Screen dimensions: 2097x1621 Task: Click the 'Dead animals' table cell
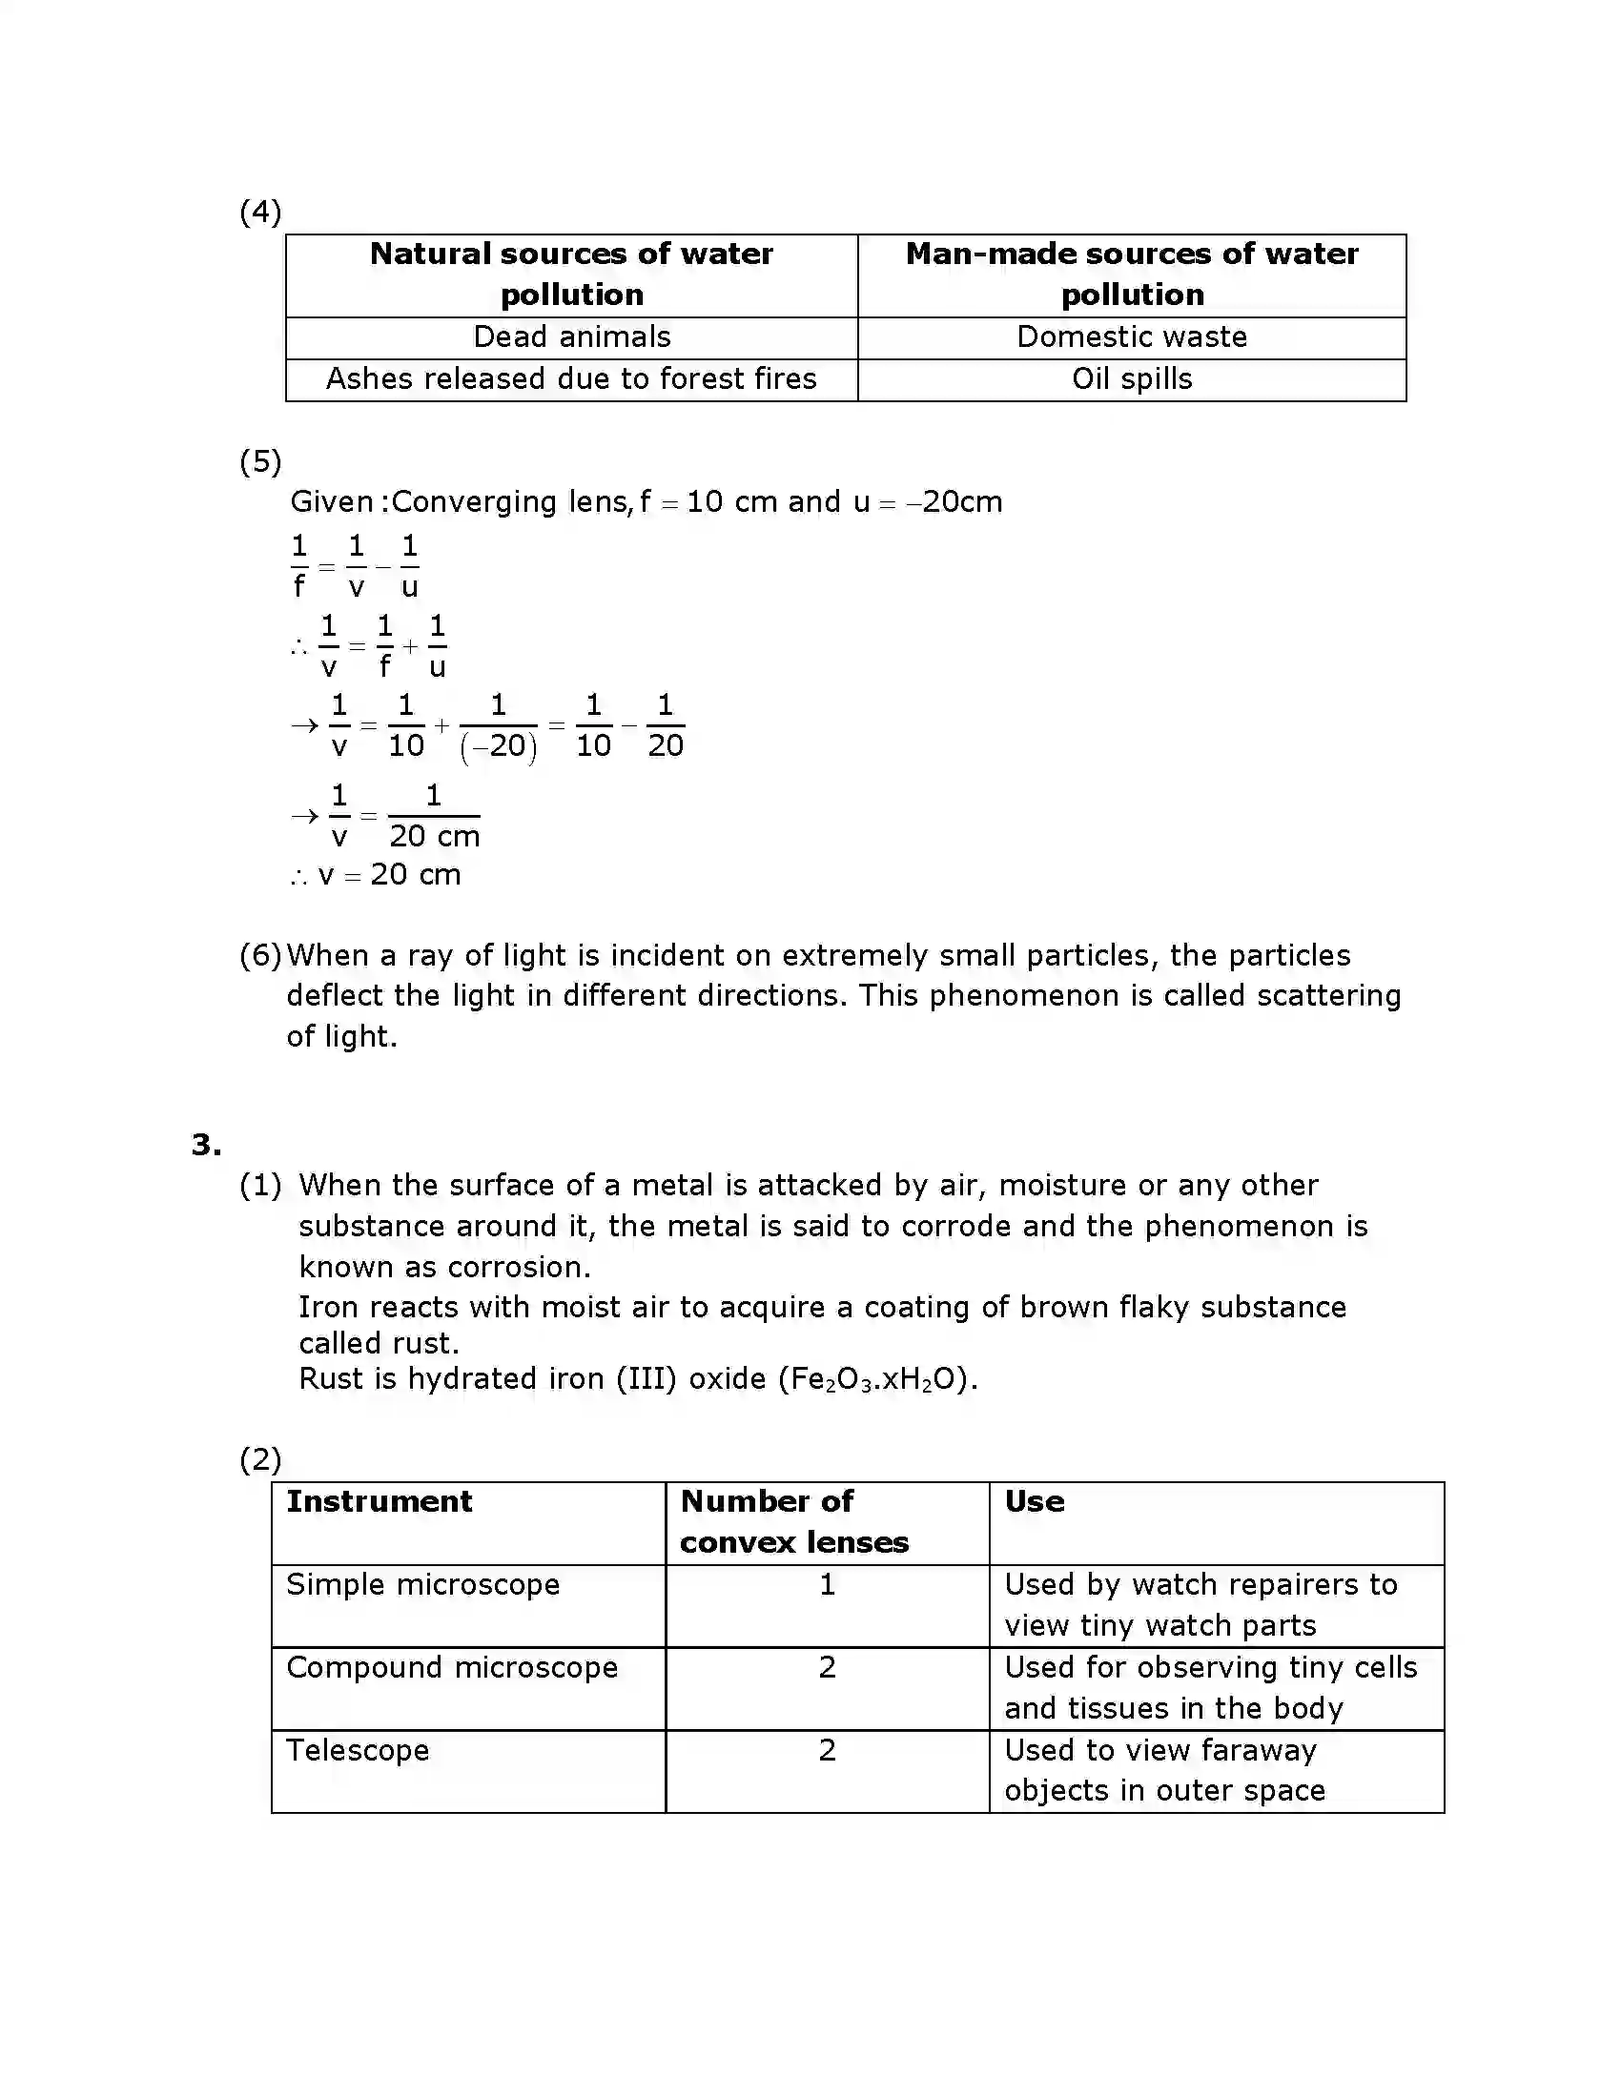click(x=571, y=337)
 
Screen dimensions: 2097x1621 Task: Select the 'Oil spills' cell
click(x=1131, y=379)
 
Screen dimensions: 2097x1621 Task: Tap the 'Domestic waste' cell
click(x=1131, y=337)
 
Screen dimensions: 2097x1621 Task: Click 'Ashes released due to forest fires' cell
click(x=571, y=379)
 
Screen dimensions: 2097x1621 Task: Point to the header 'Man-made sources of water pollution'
click(x=1131, y=274)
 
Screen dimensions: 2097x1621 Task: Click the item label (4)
click(x=259, y=213)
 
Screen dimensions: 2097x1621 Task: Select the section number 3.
click(x=206, y=1145)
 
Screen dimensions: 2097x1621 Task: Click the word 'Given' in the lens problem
click(x=331, y=502)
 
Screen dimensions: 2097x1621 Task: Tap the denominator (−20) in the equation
click(x=499, y=747)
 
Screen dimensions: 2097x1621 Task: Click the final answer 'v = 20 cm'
click(x=389, y=875)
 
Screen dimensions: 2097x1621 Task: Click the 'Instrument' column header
click(x=379, y=1501)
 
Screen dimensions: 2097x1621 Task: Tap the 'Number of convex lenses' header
click(x=793, y=1522)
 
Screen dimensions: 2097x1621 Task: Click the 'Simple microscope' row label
click(x=422, y=1584)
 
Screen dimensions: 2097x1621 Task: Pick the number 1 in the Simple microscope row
click(x=827, y=1584)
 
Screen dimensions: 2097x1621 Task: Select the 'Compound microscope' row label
click(x=451, y=1668)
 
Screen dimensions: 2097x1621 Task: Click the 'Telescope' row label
click(x=358, y=1750)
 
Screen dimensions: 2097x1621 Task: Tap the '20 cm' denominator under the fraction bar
click(x=434, y=836)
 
